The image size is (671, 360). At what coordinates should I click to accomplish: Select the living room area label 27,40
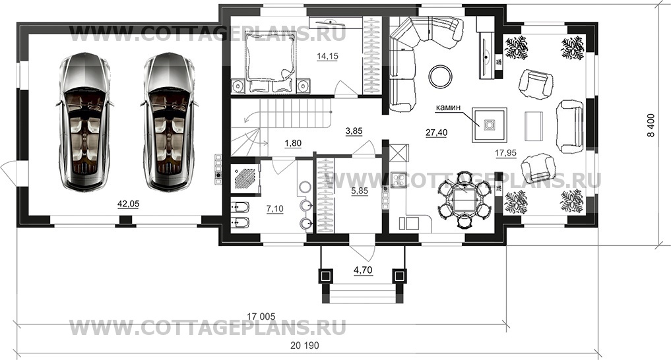(x=436, y=133)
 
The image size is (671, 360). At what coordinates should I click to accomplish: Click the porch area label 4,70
(x=364, y=269)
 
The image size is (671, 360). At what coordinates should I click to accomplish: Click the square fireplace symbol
(x=490, y=124)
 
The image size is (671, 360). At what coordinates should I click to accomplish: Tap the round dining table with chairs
(x=464, y=197)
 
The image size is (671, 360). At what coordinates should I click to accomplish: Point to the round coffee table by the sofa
(x=440, y=76)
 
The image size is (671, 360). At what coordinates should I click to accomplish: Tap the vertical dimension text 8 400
(x=651, y=125)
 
